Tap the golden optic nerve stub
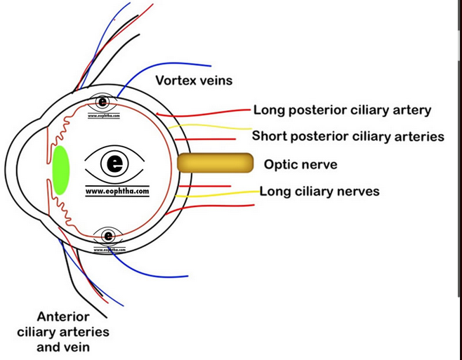coord(214,164)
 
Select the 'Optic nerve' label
coord(301,165)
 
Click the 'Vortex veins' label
coord(194,81)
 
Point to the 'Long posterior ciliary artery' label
coord(342,110)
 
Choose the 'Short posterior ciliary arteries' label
coord(348,136)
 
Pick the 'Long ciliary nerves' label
coord(319,191)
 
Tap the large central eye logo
coord(114,164)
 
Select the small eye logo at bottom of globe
coord(108,236)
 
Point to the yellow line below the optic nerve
coord(218,194)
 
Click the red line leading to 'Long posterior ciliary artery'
coord(211,112)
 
